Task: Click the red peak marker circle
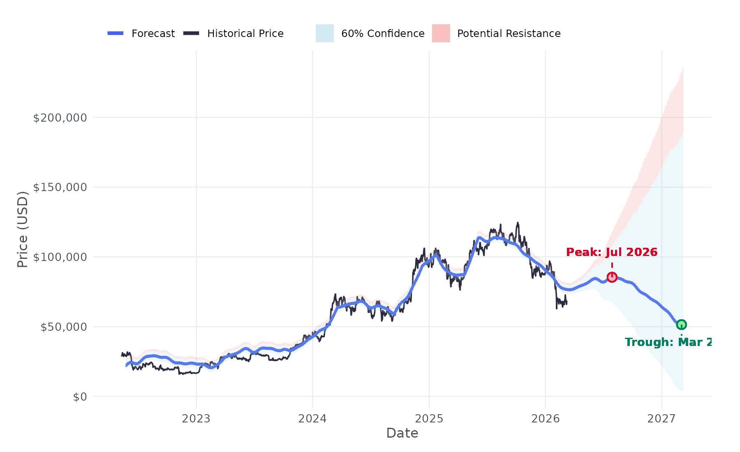coord(612,277)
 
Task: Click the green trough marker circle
coord(681,325)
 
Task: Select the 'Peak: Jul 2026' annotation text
coord(612,252)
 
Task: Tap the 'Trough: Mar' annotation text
coord(668,342)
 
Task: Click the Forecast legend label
coord(153,34)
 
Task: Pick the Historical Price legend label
coord(245,34)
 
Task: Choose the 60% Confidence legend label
coord(383,34)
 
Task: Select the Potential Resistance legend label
coord(509,34)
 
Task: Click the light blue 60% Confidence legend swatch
coord(324,33)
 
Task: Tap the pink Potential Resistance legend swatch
coord(441,33)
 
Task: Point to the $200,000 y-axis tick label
coord(60,118)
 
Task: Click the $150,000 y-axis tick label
coord(60,187)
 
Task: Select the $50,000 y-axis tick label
coord(64,327)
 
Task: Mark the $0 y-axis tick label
coord(80,397)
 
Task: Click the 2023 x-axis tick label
coord(196,419)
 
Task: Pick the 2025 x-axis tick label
coord(429,419)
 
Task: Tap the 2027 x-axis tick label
coord(661,419)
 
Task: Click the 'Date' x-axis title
coord(402,433)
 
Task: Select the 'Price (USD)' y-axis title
coord(23,229)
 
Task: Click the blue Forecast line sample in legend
coord(116,33)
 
